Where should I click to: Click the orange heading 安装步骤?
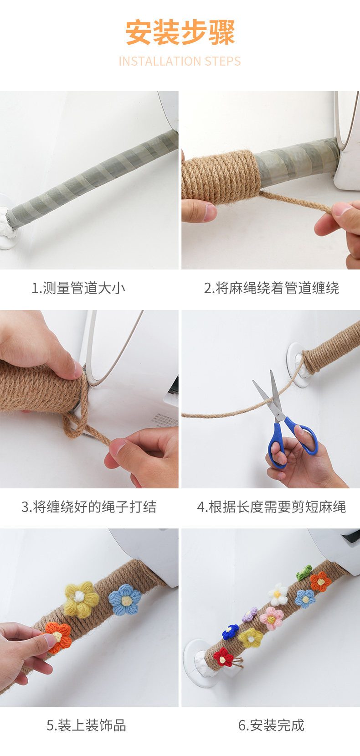tap(180, 33)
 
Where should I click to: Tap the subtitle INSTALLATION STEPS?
tap(180, 62)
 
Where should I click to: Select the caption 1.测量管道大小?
tap(78, 288)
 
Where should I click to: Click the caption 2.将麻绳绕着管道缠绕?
tap(271, 288)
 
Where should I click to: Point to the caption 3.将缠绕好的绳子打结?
tap(89, 507)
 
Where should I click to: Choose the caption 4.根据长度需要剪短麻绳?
tap(272, 507)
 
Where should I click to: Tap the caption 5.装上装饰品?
tap(86, 725)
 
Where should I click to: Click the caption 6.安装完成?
tap(271, 725)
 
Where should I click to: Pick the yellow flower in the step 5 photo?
tap(81, 599)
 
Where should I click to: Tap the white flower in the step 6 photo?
tap(278, 594)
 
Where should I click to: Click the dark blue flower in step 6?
tap(231, 631)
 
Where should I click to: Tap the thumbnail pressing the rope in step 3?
tap(78, 369)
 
